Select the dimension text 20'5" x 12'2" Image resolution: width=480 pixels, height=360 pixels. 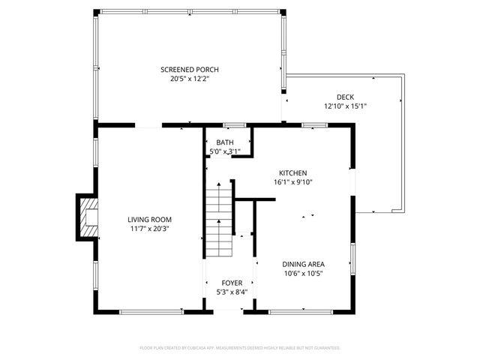tap(190, 78)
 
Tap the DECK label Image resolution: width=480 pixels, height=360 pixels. tap(344, 97)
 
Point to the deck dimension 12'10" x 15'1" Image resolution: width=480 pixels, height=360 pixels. tap(344, 106)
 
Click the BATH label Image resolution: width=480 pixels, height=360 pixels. tap(225, 142)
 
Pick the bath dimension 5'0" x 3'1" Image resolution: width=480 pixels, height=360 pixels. tap(225, 151)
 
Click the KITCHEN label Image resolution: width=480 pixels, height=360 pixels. tap(293, 172)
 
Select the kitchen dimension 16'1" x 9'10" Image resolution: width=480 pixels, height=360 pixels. tap(293, 181)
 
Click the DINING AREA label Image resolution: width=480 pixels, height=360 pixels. tap(303, 263)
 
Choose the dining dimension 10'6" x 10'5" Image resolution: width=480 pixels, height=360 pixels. tap(303, 273)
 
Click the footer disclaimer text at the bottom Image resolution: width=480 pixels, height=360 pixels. tap(240, 347)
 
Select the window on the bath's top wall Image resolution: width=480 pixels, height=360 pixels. tap(234, 124)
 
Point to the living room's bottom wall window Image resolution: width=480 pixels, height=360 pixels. tap(149, 311)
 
